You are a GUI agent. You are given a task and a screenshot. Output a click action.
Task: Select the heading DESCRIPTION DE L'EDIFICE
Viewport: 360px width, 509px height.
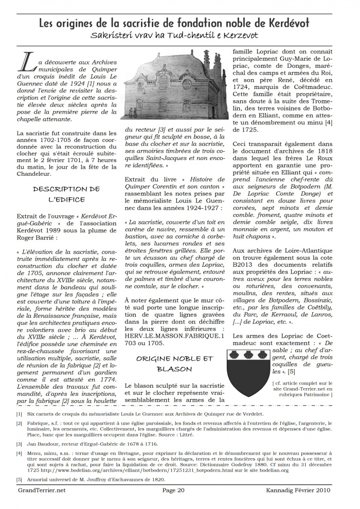coord(67,194)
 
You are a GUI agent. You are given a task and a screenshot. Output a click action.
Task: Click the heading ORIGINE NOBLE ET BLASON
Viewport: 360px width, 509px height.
coord(174,363)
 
